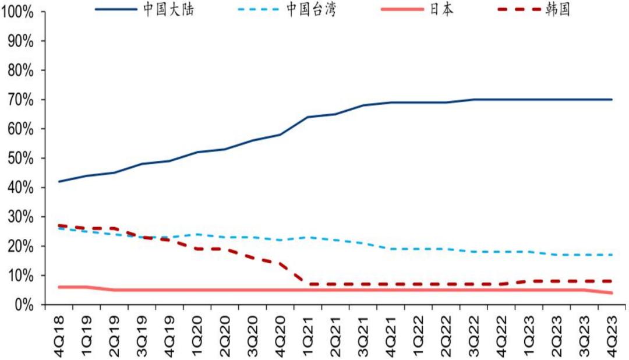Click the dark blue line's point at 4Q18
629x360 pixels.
point(59,181)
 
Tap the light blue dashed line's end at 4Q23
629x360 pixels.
point(611,255)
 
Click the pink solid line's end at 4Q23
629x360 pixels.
point(611,292)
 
